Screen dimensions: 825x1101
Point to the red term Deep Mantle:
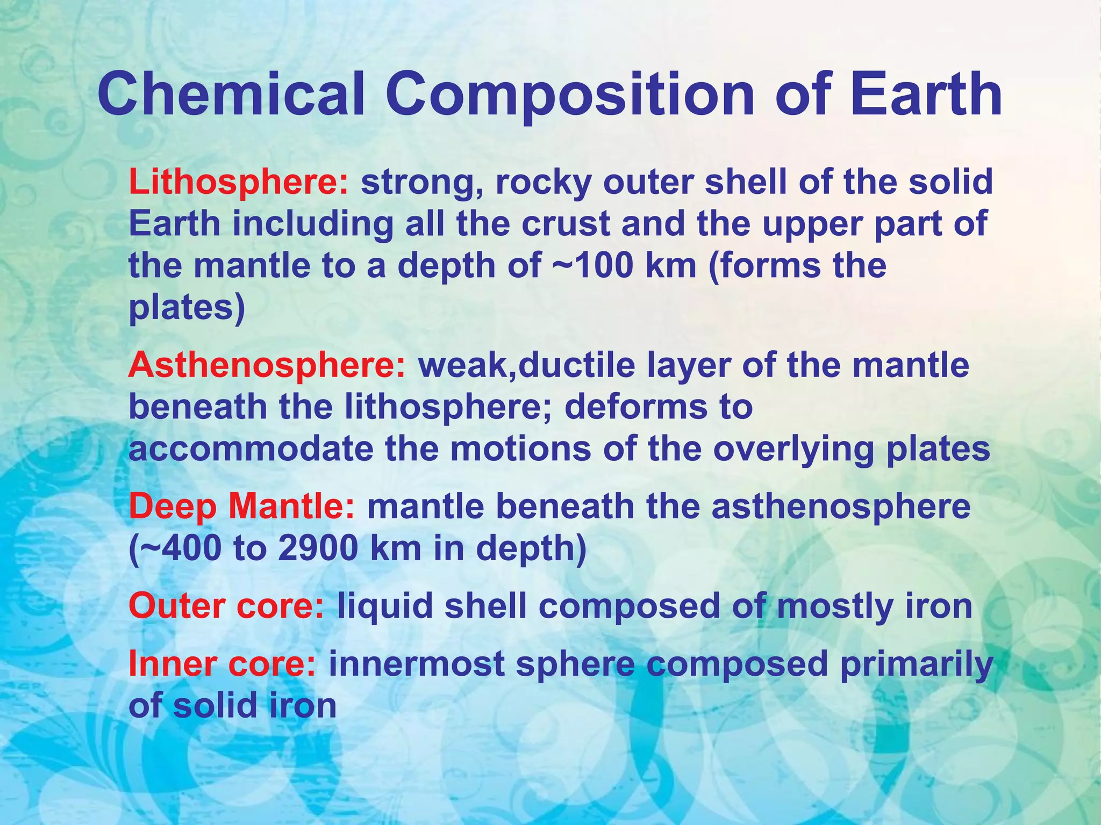click(242, 507)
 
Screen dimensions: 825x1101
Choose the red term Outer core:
click(226, 606)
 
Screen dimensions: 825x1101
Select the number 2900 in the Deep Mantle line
click(318, 548)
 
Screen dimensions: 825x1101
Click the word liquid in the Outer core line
click(385, 606)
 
